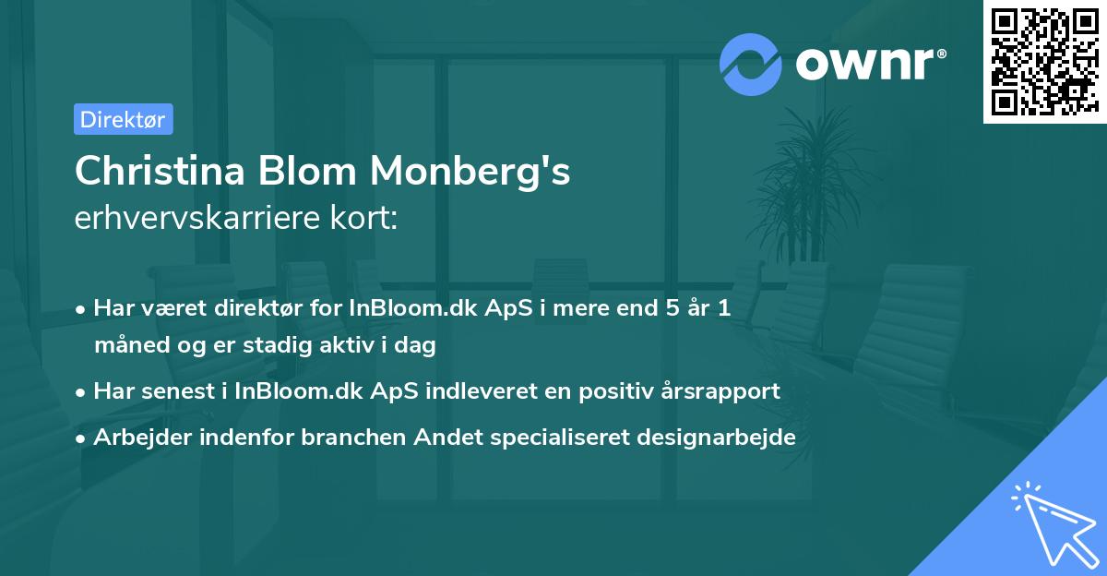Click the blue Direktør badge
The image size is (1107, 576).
point(123,119)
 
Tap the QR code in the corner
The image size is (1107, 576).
point(1043,61)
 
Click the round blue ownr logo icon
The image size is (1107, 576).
point(750,65)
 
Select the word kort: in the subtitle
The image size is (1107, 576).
point(366,219)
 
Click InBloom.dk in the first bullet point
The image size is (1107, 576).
point(411,308)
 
